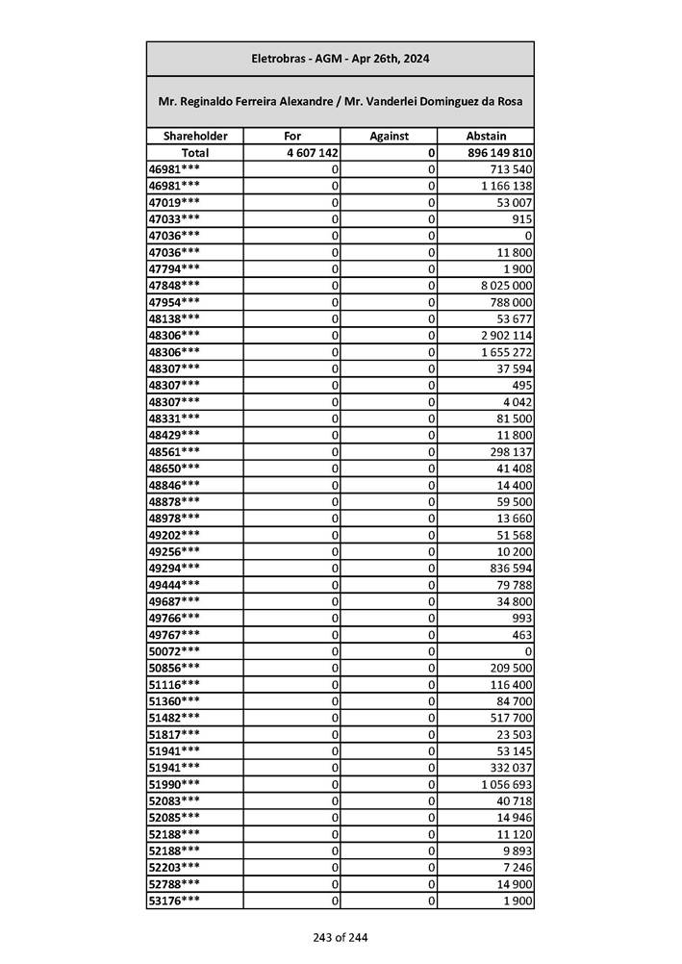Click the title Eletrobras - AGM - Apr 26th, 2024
(x=340, y=59)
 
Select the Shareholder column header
(x=195, y=137)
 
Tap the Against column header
(x=389, y=137)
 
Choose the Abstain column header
(x=486, y=137)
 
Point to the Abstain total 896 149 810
(x=497, y=153)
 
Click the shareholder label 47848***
(x=175, y=286)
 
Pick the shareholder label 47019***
(x=175, y=203)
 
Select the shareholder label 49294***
(x=175, y=568)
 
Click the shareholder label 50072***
(x=175, y=651)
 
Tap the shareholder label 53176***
(x=175, y=901)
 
